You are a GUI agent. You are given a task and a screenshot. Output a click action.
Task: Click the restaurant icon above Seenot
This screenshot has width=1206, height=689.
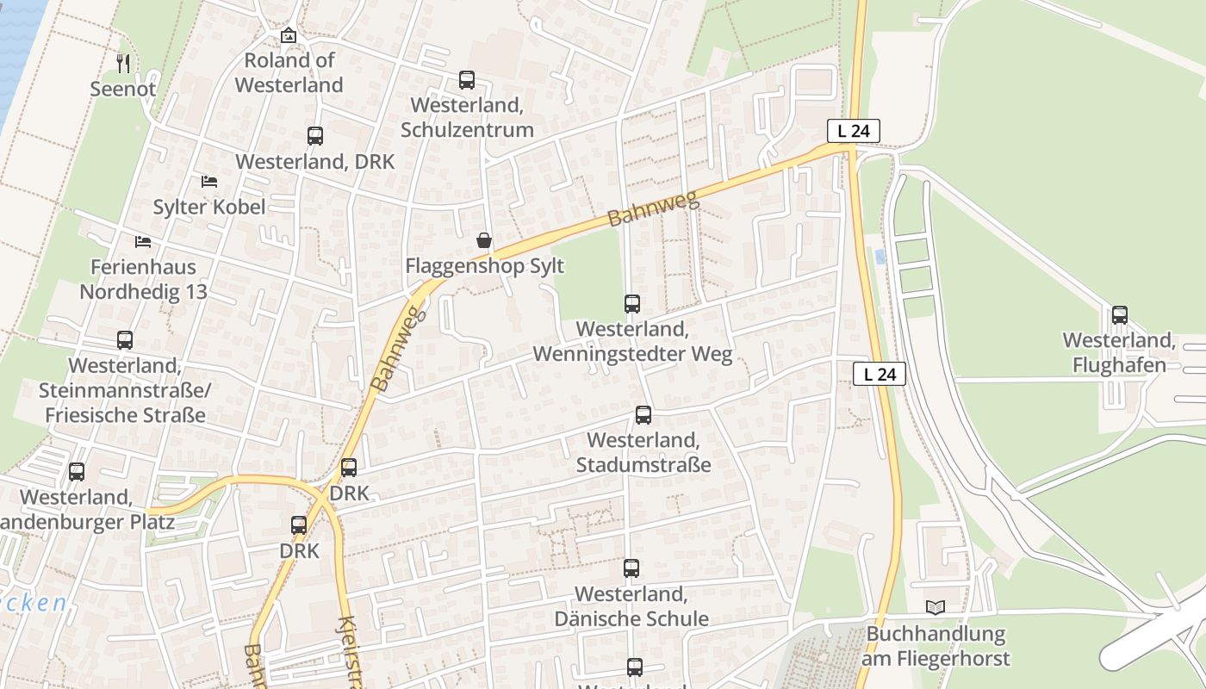tap(123, 63)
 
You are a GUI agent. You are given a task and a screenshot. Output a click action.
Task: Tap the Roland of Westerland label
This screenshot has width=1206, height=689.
tap(289, 72)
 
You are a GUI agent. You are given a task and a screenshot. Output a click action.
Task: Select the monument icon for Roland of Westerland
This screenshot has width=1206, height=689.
tap(289, 35)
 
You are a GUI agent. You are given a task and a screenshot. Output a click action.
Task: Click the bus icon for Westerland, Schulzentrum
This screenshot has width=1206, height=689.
tap(467, 80)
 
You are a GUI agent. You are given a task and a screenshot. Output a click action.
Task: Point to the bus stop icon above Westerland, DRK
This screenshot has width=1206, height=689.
tap(315, 136)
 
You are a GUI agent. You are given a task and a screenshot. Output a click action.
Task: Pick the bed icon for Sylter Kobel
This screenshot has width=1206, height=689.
tap(209, 181)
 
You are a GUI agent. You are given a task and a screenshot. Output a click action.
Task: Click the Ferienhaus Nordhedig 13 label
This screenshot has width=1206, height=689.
tap(143, 279)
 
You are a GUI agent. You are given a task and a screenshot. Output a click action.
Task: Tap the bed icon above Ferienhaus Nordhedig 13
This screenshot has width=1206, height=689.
tap(143, 241)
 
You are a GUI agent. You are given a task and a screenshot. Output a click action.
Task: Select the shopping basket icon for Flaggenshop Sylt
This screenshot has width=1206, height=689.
tap(484, 240)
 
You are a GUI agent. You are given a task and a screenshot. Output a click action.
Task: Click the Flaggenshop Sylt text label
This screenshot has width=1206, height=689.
tap(484, 266)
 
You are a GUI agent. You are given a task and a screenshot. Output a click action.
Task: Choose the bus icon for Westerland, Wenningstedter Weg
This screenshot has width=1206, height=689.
tap(632, 304)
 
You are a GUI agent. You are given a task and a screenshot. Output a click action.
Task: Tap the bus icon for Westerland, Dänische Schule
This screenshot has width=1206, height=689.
tap(631, 568)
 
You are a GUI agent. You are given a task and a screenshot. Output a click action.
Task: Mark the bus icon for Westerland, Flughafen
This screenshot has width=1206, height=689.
tap(1119, 315)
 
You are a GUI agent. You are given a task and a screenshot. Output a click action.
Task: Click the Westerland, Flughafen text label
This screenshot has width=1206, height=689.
tap(1119, 352)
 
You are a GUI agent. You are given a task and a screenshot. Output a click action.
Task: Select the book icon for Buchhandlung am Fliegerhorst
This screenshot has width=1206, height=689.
tap(936, 608)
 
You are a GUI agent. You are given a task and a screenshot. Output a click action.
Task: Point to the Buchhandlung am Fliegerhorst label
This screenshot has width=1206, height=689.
tap(936, 647)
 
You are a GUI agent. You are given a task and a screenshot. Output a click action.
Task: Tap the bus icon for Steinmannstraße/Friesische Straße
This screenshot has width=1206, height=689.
tap(125, 340)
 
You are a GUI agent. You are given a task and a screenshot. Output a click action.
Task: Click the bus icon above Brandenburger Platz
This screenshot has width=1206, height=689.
tap(77, 472)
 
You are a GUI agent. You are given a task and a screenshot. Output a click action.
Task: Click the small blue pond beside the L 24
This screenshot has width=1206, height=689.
tap(880, 257)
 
